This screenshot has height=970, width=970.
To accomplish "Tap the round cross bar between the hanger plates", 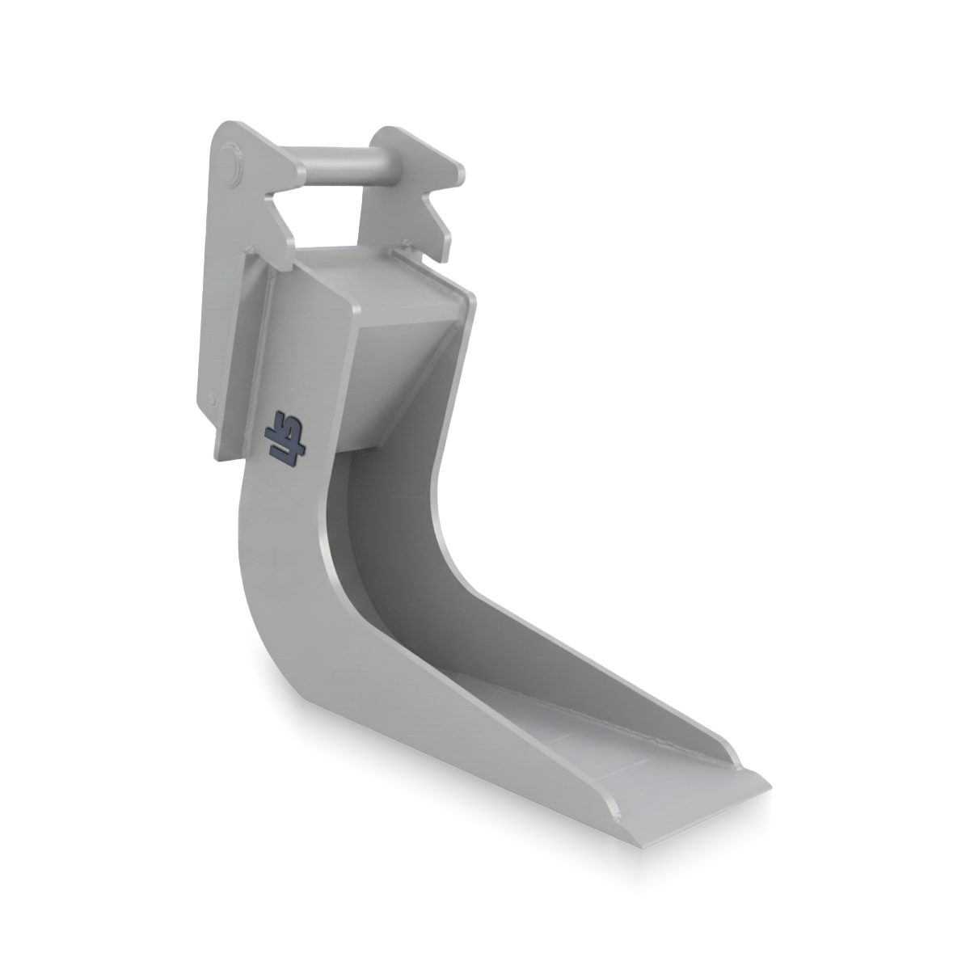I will click(x=339, y=167).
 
